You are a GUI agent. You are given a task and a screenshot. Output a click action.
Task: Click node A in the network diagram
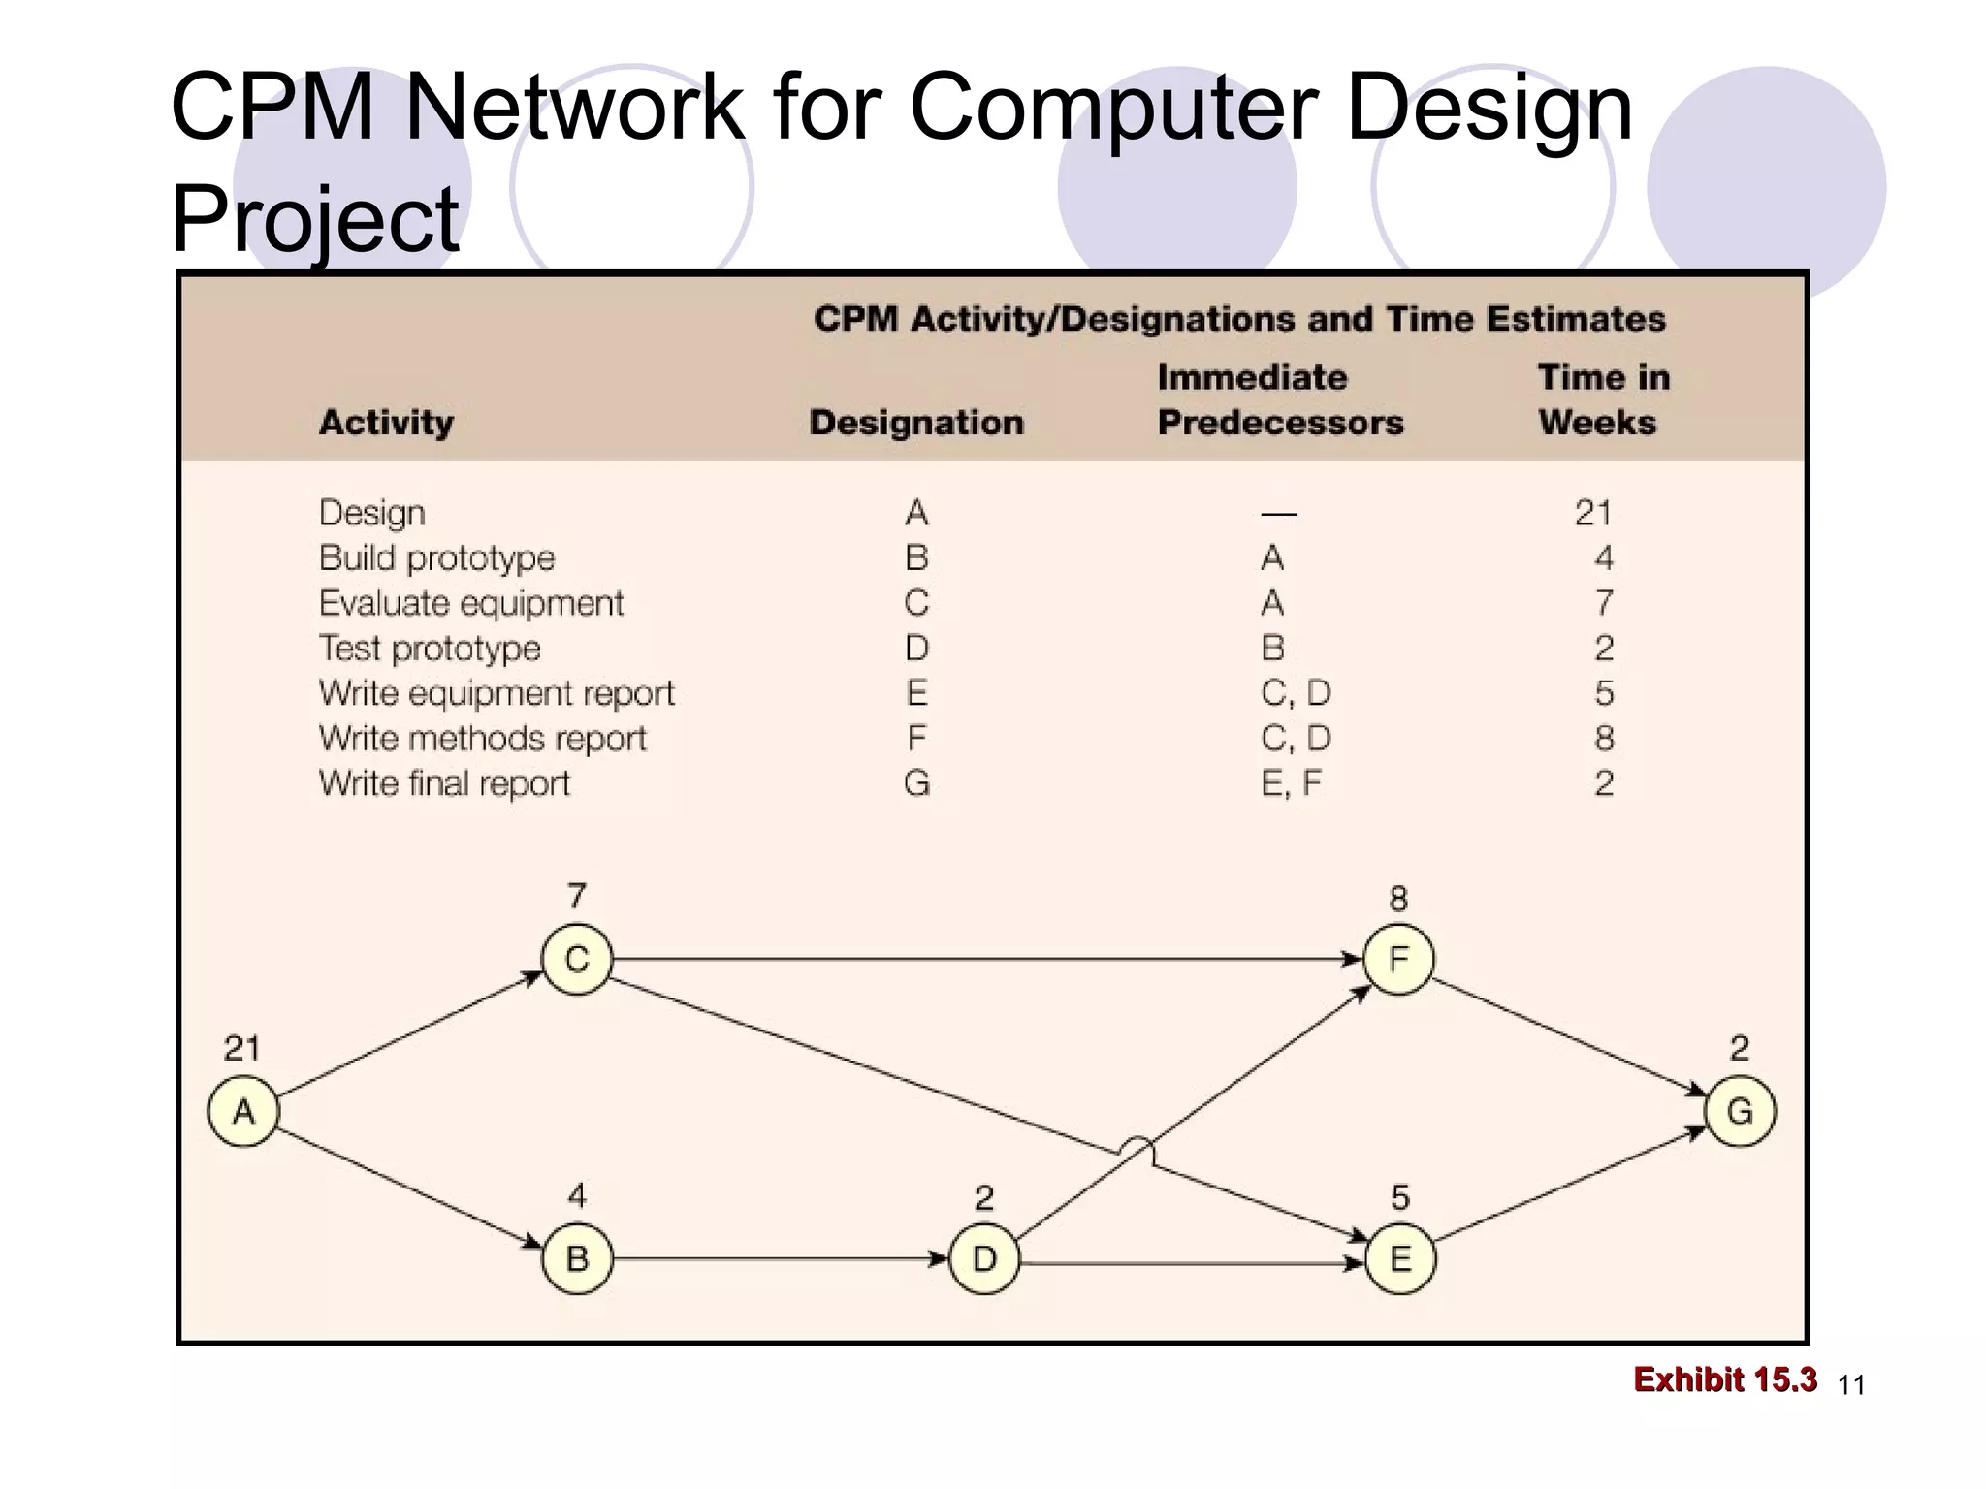pos(243,1111)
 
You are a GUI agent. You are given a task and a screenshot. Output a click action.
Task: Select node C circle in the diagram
pos(577,960)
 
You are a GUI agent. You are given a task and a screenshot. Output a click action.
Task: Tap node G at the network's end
pos(1740,1111)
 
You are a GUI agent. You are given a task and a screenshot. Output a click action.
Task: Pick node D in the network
pos(984,1259)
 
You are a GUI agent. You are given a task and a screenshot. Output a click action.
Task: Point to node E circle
pos(1399,1259)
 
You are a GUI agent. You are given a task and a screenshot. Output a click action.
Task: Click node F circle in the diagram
pos(1397,960)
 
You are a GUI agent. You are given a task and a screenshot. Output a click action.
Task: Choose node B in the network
pos(577,1259)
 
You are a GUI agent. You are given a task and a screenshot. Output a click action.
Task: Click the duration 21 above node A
pos(241,1049)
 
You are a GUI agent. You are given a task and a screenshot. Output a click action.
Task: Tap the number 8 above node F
pos(1397,899)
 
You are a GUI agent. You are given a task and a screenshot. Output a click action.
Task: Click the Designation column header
pos(916,423)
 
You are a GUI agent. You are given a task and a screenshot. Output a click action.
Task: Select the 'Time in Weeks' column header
pos(1603,399)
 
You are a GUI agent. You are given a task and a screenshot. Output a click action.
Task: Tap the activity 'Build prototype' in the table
pos(436,558)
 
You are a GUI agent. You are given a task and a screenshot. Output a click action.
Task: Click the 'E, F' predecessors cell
pos(1291,783)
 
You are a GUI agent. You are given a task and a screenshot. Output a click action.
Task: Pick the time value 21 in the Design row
pos(1592,513)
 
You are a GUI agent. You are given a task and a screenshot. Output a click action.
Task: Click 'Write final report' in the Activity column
pos(444,783)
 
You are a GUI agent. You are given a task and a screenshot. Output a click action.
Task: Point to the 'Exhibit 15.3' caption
pos(1724,1379)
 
